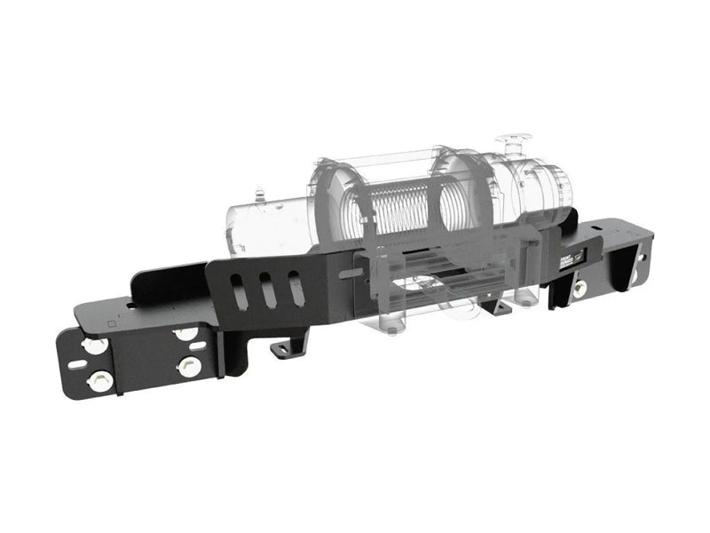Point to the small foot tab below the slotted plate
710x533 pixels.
pos(286,347)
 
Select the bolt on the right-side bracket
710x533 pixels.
pos(579,288)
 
